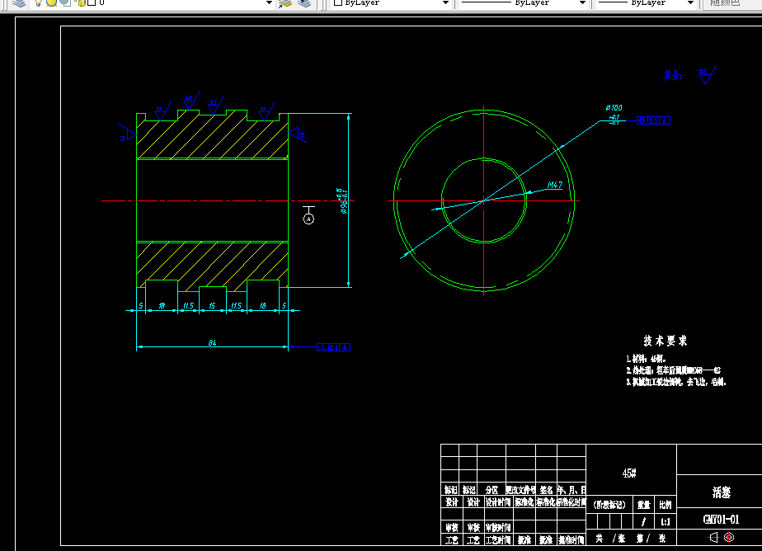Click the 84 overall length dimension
[x=212, y=342]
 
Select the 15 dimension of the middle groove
[x=212, y=306]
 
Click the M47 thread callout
[x=554, y=186]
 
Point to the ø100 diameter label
[x=614, y=108]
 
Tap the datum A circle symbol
[x=308, y=219]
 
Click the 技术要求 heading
[x=665, y=341]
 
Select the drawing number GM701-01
[x=721, y=520]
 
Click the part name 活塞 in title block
[x=721, y=492]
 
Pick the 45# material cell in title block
[x=629, y=473]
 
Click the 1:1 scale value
[x=665, y=521]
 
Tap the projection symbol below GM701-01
[x=721, y=536]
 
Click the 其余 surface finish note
[x=674, y=75]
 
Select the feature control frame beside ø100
[x=654, y=120]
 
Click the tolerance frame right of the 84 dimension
[x=335, y=347]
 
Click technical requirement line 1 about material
[x=646, y=359]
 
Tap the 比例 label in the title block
[x=665, y=504]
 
